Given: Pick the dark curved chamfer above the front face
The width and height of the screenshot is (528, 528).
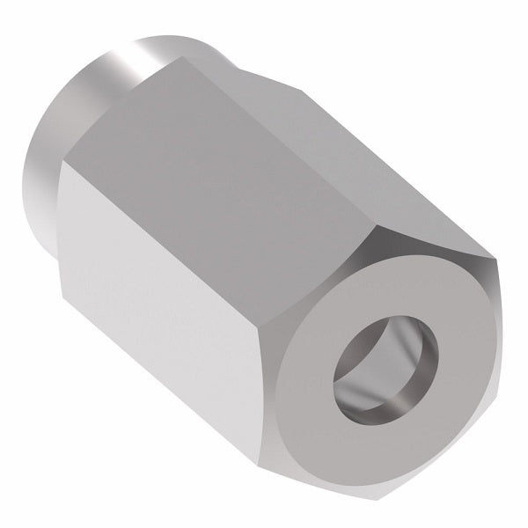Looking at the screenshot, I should (422, 238).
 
